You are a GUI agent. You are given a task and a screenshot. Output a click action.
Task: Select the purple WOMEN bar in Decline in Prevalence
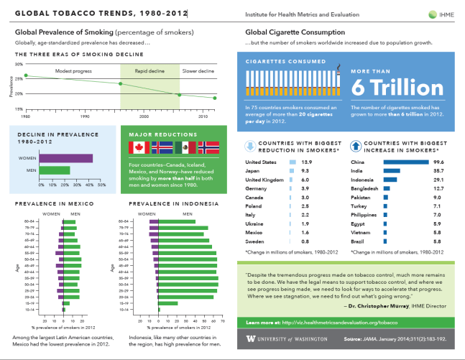click(65, 158)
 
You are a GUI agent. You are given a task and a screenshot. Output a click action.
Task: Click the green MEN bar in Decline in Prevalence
click(54, 170)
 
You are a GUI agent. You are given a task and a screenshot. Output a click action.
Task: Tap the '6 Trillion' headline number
click(397, 88)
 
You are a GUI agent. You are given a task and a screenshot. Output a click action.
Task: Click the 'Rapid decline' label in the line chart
click(149, 71)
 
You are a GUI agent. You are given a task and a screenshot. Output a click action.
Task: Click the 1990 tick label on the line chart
click(85, 115)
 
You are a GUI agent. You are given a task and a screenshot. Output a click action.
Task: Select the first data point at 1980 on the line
click(26, 75)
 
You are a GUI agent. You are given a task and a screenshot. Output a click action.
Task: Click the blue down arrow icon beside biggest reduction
click(250, 146)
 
